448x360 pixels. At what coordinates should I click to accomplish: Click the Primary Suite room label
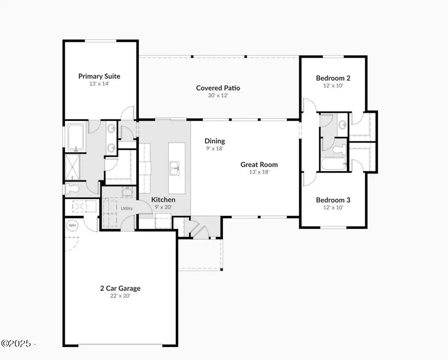(x=99, y=76)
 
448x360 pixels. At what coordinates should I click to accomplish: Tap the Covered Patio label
(x=218, y=88)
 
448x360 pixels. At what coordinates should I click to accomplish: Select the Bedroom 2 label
(x=333, y=78)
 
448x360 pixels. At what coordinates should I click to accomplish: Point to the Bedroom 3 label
(x=333, y=200)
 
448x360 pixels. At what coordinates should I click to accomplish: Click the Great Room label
(x=259, y=165)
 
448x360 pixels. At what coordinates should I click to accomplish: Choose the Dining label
(x=215, y=141)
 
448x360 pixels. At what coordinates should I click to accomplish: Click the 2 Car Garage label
(x=119, y=288)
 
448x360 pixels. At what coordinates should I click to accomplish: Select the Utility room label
(x=127, y=208)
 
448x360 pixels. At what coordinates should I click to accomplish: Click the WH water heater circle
(x=72, y=225)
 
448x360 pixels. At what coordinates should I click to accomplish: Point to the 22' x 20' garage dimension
(x=119, y=296)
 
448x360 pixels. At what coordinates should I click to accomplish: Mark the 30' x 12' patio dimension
(x=218, y=95)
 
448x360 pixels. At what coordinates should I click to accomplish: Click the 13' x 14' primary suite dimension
(x=99, y=84)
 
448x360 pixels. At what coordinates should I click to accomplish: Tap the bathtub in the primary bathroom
(x=76, y=137)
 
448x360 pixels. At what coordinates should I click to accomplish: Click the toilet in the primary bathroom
(x=73, y=188)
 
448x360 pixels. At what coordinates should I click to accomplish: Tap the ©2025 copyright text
(x=17, y=344)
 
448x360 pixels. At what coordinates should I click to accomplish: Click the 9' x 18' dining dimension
(x=215, y=149)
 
